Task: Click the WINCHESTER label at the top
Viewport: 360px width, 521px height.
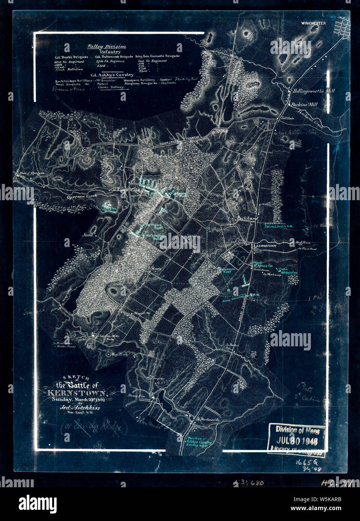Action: coord(313,23)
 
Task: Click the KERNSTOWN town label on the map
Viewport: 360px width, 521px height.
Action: coord(265,246)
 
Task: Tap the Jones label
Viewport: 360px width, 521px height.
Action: coord(88,235)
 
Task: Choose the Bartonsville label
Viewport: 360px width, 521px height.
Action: coord(208,420)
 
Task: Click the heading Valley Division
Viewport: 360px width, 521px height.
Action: coord(107,46)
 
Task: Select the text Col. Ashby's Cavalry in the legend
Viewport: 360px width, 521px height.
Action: coord(109,75)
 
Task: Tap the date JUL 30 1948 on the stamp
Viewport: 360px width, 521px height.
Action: coord(297,440)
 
